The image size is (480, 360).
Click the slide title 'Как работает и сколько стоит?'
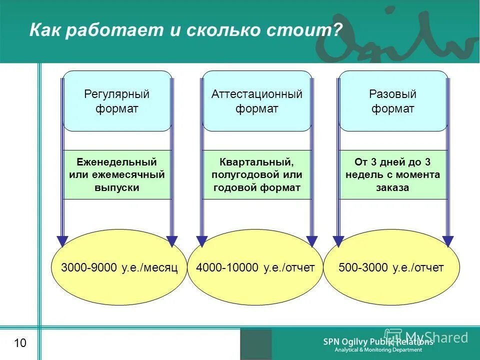(x=185, y=30)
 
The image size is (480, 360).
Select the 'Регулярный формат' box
(x=117, y=101)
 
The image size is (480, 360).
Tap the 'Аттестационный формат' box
(x=257, y=101)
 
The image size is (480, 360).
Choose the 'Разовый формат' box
(x=393, y=101)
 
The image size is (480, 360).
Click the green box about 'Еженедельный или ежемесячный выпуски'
(x=117, y=175)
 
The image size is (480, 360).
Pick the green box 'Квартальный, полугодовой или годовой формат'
(x=257, y=175)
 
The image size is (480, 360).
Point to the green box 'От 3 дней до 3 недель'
(x=393, y=175)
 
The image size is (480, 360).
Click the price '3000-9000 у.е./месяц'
(x=119, y=268)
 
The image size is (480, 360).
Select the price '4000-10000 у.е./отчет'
(x=255, y=268)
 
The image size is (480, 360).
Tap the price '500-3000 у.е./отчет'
(x=391, y=268)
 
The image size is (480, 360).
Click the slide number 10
(x=20, y=343)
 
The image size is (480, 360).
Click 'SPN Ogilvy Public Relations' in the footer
(x=378, y=342)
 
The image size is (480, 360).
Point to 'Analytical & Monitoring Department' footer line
(x=378, y=350)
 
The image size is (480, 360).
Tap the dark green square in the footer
(x=256, y=344)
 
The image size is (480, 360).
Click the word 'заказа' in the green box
(x=393, y=188)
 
